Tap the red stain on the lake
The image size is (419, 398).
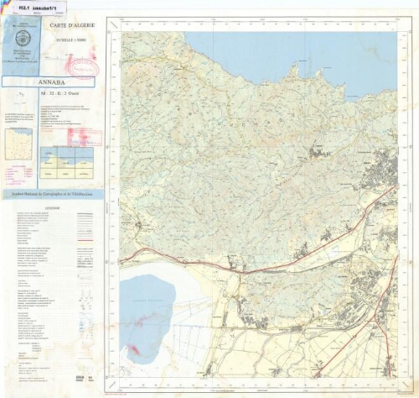(133, 348)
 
